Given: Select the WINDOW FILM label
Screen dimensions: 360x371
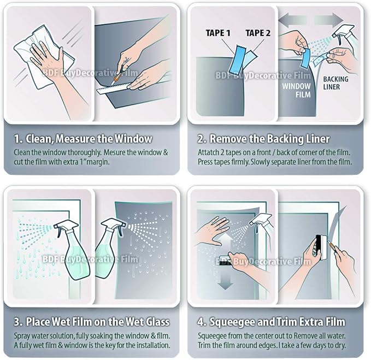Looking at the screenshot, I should (296, 90).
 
